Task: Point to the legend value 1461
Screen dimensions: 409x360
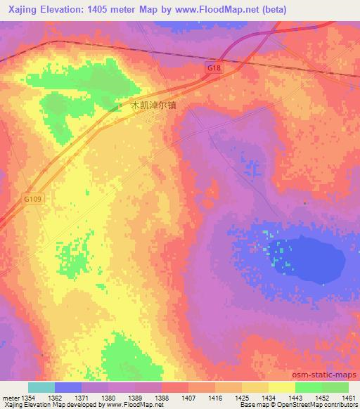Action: tap(349, 397)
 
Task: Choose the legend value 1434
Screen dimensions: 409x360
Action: tap(268, 397)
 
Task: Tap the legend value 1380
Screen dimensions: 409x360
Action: tap(108, 397)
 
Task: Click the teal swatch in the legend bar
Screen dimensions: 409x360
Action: tap(41, 387)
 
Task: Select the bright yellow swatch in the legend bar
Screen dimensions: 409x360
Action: tap(281, 387)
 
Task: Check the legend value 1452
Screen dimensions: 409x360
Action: tap(321, 397)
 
